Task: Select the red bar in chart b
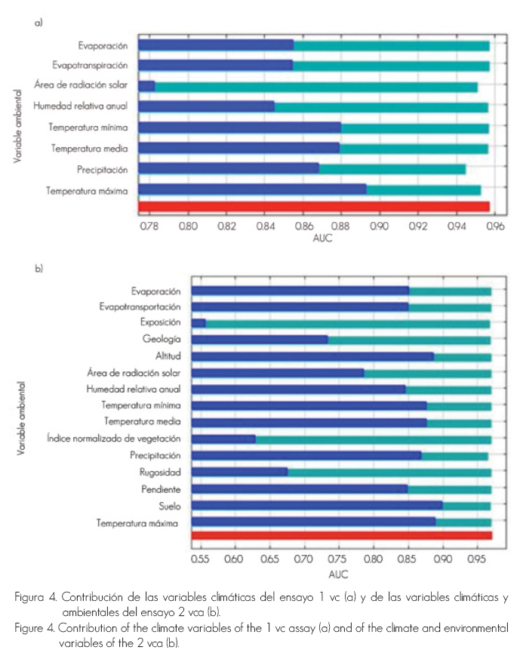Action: [342, 536]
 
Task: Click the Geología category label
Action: [162, 340]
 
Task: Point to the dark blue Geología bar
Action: [260, 340]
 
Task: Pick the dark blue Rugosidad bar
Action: [240, 472]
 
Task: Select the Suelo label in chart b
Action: [170, 505]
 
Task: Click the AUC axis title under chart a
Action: [322, 239]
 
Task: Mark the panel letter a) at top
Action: [38, 22]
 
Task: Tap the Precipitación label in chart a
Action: [102, 169]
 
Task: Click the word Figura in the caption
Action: [29, 597]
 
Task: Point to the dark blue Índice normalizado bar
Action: [223, 439]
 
